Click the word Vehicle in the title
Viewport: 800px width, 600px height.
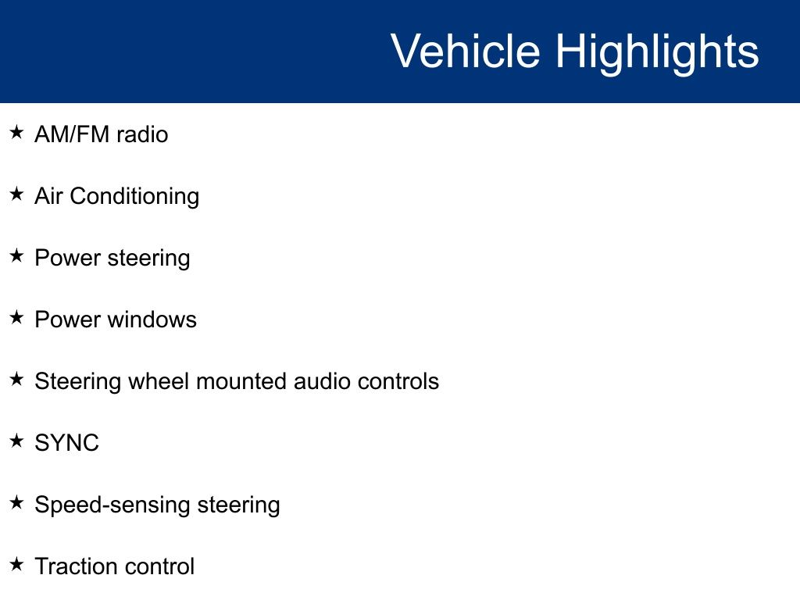(x=466, y=51)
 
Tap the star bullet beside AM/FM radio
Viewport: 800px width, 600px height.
(x=16, y=132)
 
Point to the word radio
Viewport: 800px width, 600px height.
(x=142, y=134)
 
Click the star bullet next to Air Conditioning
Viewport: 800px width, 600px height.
(x=16, y=194)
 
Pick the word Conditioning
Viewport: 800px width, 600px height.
(x=134, y=197)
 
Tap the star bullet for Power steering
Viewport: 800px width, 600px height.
(x=16, y=255)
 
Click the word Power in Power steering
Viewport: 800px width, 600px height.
(x=67, y=258)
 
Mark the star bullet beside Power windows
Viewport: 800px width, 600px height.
(x=16, y=317)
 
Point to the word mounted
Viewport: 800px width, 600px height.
(x=241, y=381)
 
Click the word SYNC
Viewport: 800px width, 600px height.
(x=67, y=443)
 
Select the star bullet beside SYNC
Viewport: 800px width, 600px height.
(x=16, y=441)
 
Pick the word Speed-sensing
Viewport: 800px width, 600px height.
(x=112, y=505)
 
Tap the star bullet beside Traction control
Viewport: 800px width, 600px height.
(x=16, y=564)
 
